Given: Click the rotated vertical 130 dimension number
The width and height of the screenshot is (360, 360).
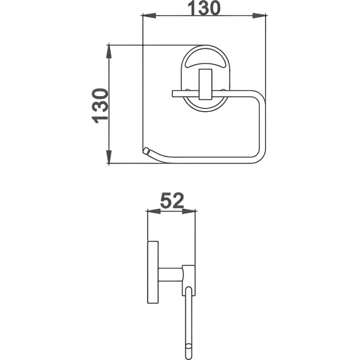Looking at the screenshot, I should click(x=99, y=105).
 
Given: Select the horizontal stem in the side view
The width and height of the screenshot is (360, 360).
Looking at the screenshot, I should click(x=169, y=275).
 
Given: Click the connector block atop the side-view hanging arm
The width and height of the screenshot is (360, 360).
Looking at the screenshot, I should click(x=189, y=274).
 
